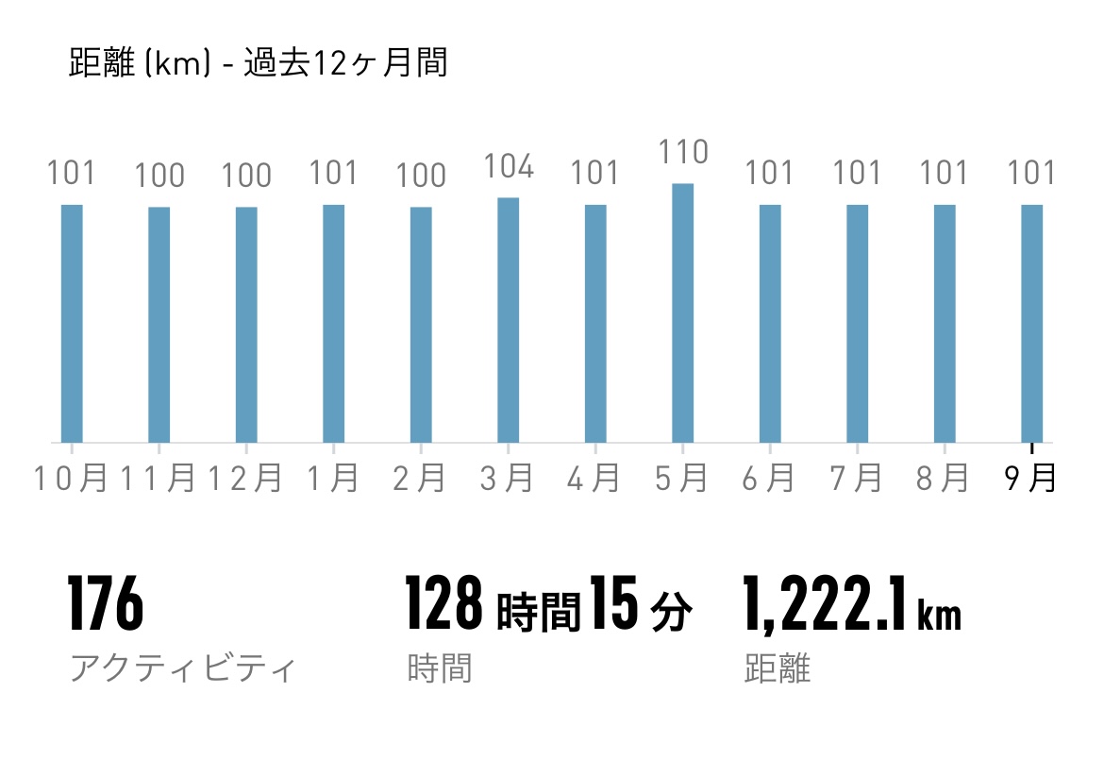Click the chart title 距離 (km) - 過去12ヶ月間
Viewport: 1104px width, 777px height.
[258, 64]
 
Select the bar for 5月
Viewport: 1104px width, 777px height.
[682, 312]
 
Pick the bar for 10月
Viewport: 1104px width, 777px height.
[72, 323]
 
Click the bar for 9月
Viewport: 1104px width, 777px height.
[1031, 323]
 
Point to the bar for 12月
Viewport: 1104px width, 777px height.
[246, 324]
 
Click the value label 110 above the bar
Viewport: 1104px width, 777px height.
[682, 152]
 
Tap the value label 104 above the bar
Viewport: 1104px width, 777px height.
[508, 167]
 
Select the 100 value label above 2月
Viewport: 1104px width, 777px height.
[421, 176]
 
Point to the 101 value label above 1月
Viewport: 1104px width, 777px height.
[333, 174]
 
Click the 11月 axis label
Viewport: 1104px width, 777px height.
[159, 479]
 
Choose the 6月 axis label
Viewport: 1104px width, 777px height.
[768, 479]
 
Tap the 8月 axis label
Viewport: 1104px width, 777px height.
[943, 479]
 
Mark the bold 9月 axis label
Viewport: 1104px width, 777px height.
[1030, 479]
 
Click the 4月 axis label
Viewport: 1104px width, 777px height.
[594, 479]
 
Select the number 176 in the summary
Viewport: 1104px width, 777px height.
[105, 605]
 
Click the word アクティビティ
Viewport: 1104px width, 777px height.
[182, 669]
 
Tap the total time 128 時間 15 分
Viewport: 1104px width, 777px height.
[548, 606]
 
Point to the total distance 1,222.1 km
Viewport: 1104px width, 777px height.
[852, 606]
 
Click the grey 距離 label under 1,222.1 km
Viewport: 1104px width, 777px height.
[777, 669]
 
